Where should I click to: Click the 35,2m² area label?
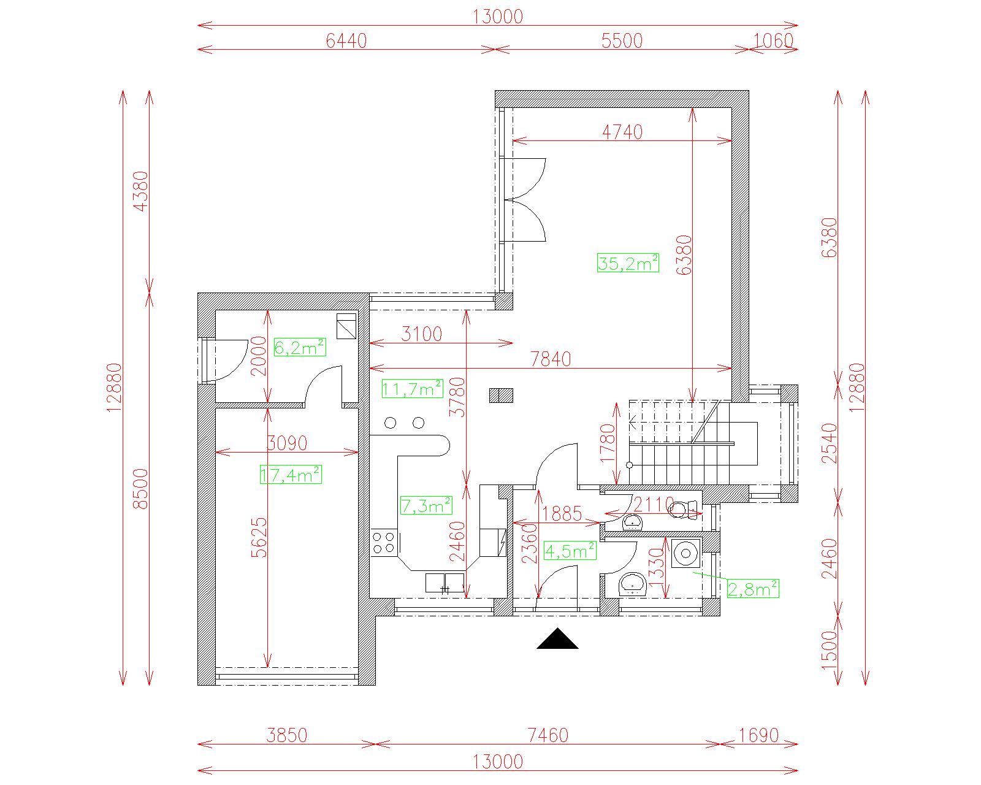628,263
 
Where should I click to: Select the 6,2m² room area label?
299,348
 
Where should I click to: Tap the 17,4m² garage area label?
291,475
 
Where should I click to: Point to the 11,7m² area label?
412,389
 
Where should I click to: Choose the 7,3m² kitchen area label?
426,505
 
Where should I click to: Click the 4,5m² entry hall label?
570,551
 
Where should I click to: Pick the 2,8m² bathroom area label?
753,589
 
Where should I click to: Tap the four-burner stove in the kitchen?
383,542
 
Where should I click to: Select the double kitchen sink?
445,583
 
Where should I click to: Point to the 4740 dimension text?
622,132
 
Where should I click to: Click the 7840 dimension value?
551,359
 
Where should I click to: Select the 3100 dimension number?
422,334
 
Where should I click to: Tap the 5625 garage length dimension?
259,537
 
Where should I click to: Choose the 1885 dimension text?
562,514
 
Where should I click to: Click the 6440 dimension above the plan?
346,41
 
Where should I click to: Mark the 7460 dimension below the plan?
548,735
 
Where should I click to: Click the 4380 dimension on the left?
141,191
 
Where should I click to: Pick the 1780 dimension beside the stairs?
608,443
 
